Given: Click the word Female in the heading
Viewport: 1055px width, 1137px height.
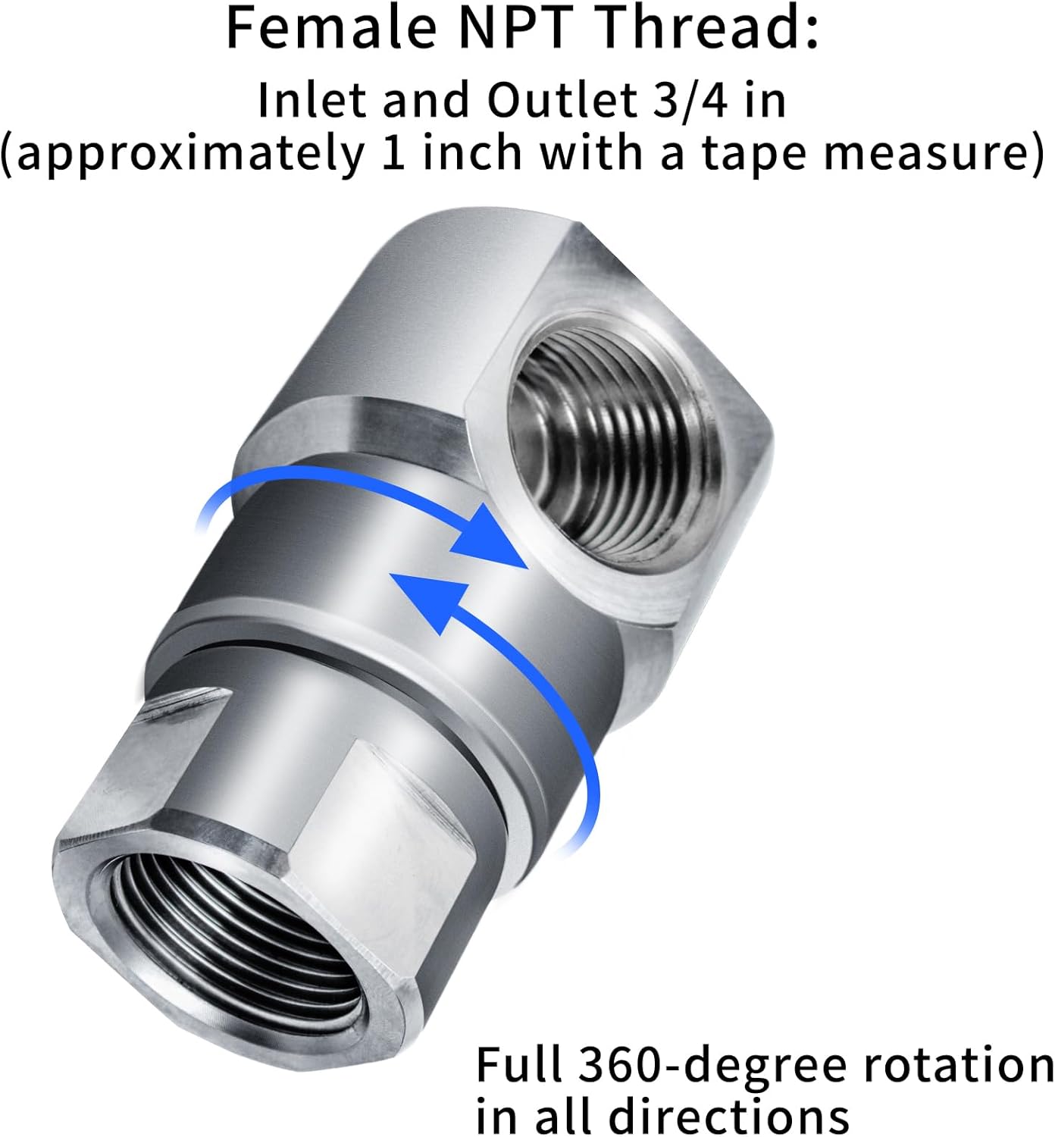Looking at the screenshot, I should [330, 28].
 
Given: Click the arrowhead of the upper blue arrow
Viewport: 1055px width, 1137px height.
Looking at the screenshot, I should [490, 539].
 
